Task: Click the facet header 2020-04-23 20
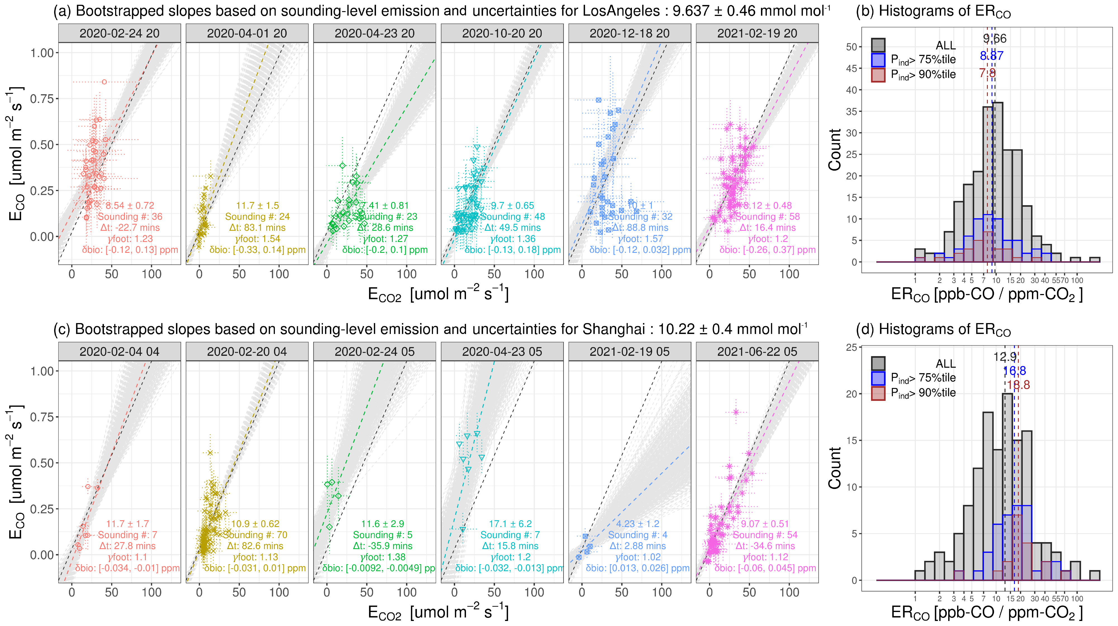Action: pos(374,34)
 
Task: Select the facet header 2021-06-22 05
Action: pos(757,351)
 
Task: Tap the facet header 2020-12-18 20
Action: pos(629,34)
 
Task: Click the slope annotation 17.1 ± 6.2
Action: pos(510,524)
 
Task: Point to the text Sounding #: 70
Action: pos(255,535)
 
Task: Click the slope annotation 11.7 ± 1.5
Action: pos(257,206)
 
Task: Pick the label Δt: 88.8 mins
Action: pos(640,228)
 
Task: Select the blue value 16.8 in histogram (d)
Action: pos(1014,371)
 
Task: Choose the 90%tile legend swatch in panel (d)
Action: pos(878,393)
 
